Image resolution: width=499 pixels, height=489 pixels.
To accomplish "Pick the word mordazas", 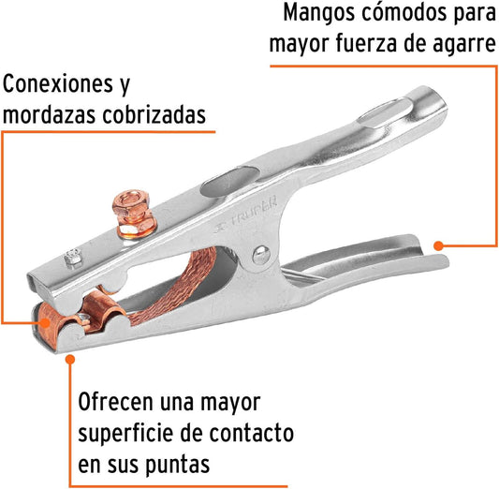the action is [49, 114].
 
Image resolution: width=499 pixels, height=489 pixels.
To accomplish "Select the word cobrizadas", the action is [154, 114].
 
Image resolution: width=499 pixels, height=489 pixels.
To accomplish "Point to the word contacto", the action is [251, 434].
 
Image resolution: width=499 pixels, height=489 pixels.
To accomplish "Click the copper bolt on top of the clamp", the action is [134, 214].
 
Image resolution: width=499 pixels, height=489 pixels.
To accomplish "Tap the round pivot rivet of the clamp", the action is [261, 255].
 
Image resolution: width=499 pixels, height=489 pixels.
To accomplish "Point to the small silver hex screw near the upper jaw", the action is [73, 259].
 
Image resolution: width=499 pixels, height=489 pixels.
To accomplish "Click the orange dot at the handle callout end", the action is [438, 245].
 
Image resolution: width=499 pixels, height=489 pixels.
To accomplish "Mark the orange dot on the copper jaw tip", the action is [46, 323].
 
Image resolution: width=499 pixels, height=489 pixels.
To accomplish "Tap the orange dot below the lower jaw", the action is [70, 360].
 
